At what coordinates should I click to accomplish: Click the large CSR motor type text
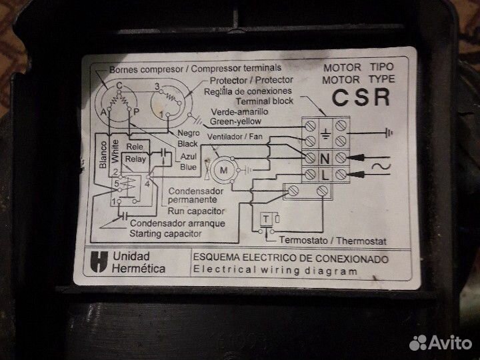(361, 97)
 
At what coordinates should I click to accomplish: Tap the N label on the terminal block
(325, 159)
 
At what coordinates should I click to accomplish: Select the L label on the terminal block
(325, 175)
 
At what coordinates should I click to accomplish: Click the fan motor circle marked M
(224, 170)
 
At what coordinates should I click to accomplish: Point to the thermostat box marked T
(266, 219)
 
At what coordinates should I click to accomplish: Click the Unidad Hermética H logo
(99, 262)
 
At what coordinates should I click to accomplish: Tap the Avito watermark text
(450, 343)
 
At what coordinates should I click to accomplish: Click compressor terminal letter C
(119, 85)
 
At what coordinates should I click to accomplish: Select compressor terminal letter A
(103, 112)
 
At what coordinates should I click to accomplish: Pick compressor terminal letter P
(136, 112)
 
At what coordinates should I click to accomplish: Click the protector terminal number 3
(157, 86)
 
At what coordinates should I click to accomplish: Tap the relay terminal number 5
(116, 184)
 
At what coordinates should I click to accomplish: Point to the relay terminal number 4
(147, 184)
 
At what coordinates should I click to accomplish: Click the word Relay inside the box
(135, 159)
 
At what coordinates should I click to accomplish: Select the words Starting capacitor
(165, 233)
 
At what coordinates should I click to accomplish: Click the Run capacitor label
(196, 211)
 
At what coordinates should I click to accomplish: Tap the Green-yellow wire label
(235, 121)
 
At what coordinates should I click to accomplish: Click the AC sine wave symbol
(381, 166)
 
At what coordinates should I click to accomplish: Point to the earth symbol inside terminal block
(325, 133)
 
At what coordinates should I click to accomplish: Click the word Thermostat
(361, 241)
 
